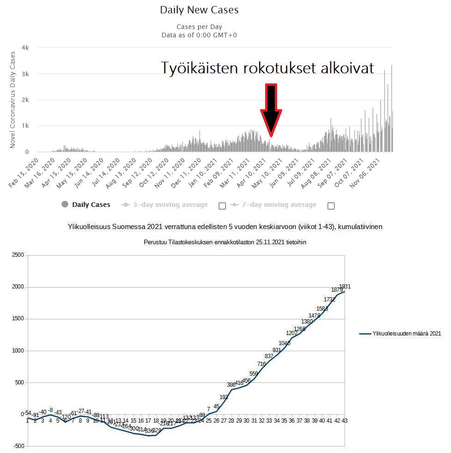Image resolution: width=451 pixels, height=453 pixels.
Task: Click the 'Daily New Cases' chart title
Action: coord(199,10)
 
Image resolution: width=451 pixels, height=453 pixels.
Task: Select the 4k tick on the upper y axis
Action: coord(25,48)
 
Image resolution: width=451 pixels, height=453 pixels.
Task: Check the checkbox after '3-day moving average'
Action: coord(222,206)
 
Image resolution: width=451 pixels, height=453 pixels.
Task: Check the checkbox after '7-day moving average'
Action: coord(331,206)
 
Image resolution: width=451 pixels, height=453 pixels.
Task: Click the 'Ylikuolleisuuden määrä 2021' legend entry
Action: coord(400,334)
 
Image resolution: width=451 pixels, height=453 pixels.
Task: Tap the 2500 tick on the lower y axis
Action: coord(17,255)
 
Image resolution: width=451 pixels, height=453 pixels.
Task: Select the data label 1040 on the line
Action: coord(285,343)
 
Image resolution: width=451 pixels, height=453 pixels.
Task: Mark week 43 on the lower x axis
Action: coord(344,420)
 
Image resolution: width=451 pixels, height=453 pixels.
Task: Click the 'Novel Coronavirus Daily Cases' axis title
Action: coord(13,100)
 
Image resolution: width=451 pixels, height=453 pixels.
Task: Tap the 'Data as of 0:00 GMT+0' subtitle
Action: coord(199,35)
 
